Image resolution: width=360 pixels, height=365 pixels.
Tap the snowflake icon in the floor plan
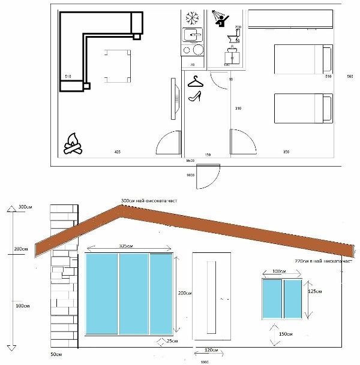pos(193,17)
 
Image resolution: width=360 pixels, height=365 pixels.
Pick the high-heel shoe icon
pos(195,96)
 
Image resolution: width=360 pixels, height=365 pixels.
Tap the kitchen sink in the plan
pos(193,35)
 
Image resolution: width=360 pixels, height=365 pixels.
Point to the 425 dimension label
pos(118,153)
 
